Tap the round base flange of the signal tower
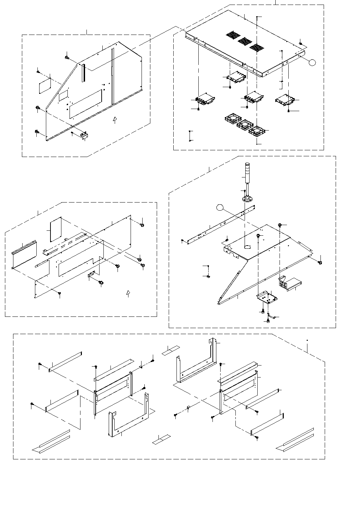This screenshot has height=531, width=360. [248, 199]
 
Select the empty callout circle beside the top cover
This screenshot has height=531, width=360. [311, 62]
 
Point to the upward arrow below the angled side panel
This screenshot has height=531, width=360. [114, 120]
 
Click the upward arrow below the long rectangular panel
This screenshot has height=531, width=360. [128, 293]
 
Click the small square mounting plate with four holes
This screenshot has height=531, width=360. [267, 297]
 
